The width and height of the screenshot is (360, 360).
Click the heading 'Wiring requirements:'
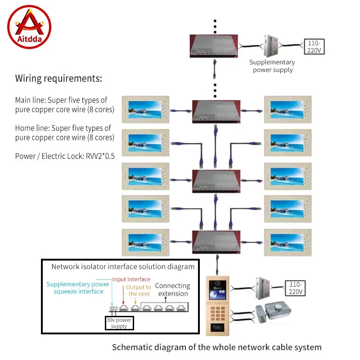pos(58,79)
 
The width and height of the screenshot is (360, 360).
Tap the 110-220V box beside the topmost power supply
pos(314,46)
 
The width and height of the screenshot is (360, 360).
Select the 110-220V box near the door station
pos(295,288)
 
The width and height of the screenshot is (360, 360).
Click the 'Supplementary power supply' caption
pos(272,66)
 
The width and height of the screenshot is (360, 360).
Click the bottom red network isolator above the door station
pos(215,242)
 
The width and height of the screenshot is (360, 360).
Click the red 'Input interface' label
pos(131,279)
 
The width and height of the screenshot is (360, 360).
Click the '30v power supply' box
pos(119,323)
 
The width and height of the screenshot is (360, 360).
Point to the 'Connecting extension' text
pos(172,289)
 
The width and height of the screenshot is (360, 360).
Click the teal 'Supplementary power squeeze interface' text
pos(78,288)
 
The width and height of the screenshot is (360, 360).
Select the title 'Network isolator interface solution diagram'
pos(123,266)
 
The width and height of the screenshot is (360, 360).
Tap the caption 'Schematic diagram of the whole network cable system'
pos(216,347)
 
